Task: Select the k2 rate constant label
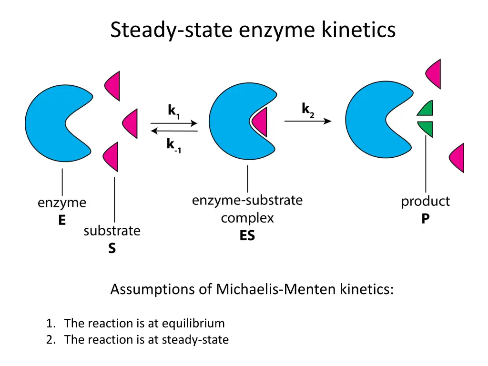[x=308, y=110]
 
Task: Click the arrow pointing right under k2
[x=307, y=122]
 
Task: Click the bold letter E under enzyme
[x=62, y=221]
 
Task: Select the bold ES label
[x=247, y=236]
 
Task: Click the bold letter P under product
[x=426, y=219]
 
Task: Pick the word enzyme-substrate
[x=247, y=200]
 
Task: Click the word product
[x=425, y=202]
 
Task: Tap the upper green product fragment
[x=426, y=109]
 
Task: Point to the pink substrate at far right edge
[x=457, y=158]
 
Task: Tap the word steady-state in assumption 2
[x=195, y=340]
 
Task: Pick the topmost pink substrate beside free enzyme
[x=113, y=86]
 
